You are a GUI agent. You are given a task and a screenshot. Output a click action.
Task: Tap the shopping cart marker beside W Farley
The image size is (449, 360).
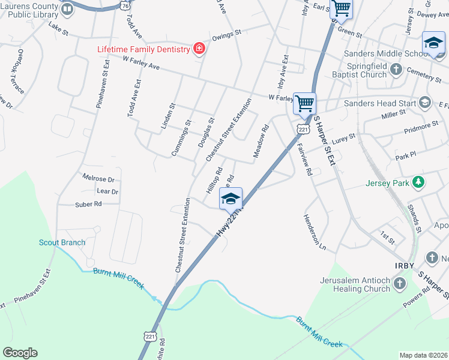pyautogui.click(x=304, y=103)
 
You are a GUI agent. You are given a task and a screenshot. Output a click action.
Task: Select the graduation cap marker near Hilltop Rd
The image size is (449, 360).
pyautogui.click(x=231, y=199)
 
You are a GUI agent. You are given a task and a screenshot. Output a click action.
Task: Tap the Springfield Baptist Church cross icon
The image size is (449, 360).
pyautogui.click(x=396, y=70)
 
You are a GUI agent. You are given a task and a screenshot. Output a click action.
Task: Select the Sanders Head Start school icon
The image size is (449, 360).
pyautogui.click(x=425, y=103)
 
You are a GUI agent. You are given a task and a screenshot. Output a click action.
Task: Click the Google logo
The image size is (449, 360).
pyautogui.click(x=20, y=353)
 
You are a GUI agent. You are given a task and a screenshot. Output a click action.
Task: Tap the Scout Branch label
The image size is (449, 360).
pyautogui.click(x=62, y=242)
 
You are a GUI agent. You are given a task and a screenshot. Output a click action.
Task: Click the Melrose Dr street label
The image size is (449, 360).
pyautogui.click(x=98, y=179)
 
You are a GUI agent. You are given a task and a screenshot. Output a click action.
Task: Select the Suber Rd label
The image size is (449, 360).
pyautogui.click(x=88, y=204)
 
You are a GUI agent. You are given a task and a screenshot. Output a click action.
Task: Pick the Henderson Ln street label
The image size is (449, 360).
pyautogui.click(x=315, y=233)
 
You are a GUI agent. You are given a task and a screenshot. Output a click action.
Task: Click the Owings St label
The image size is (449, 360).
pyautogui.click(x=226, y=35)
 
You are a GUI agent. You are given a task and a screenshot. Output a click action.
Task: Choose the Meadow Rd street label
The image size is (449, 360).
pyautogui.click(x=261, y=142)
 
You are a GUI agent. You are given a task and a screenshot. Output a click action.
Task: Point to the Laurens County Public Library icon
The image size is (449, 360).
pyautogui.click(x=67, y=10)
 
